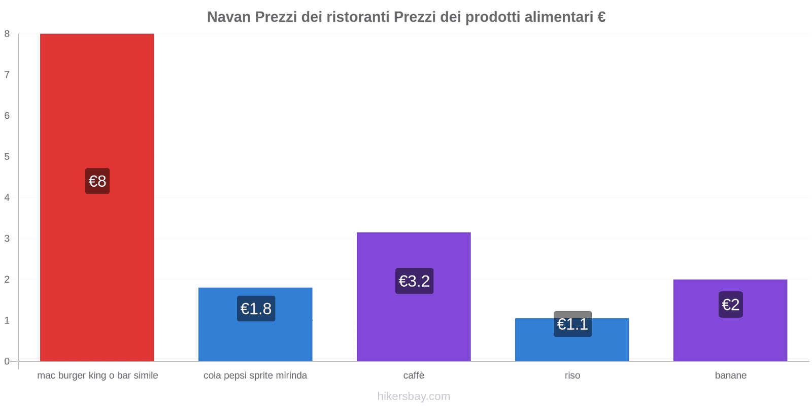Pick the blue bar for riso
coord(572,348)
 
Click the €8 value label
coord(97,181)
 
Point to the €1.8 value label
coord(256,309)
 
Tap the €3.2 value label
coord(414,281)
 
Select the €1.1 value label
coord(572,324)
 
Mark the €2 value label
coord(730,304)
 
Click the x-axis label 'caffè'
coord(414,376)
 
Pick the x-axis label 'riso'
coord(572,376)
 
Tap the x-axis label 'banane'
coord(730,376)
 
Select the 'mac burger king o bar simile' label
coord(97,376)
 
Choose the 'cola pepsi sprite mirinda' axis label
coord(255,376)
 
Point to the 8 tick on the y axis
coord(7,34)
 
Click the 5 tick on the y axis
coord(7,157)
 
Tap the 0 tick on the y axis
coord(7,361)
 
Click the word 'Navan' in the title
coord(229,17)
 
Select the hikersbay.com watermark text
coord(414,396)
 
